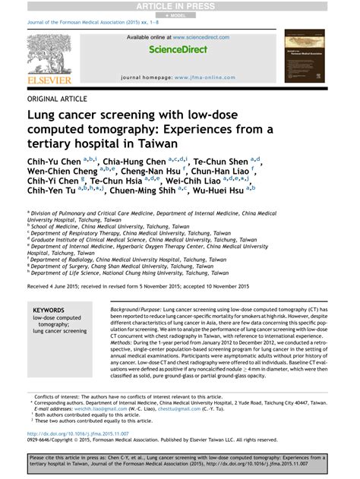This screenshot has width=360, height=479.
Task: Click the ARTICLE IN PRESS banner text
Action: [x=180, y=5]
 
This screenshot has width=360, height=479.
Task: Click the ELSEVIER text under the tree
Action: [x=49, y=80]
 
